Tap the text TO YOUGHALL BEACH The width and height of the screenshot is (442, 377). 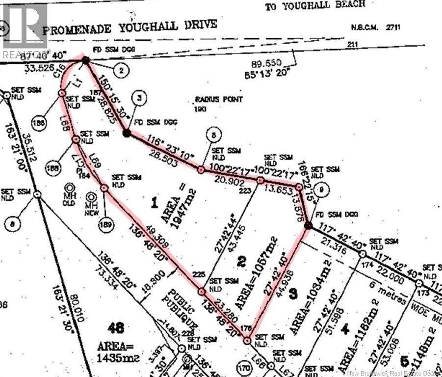point(315,5)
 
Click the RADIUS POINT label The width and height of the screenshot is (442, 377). point(218,100)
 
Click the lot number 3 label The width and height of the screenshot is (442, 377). point(292,294)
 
